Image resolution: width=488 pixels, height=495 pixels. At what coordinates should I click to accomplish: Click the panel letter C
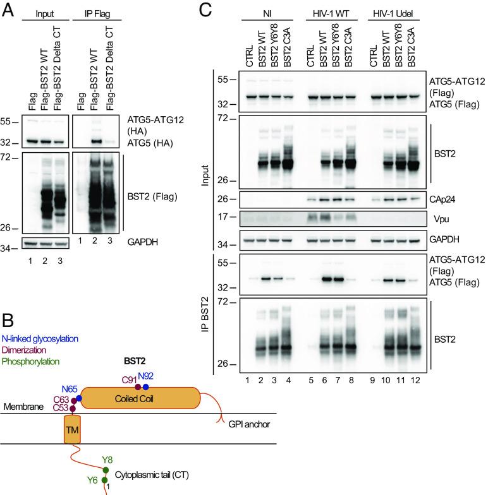205,9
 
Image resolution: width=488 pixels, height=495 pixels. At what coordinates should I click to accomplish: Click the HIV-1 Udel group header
394,12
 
